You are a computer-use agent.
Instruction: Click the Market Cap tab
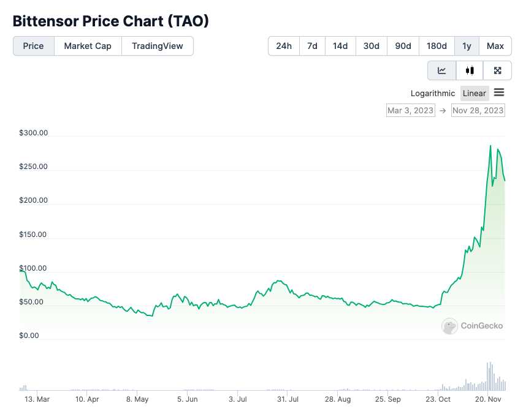coord(88,46)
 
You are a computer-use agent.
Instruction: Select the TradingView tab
coord(158,46)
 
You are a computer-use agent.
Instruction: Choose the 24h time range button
coord(284,46)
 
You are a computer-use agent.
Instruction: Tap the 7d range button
coord(312,46)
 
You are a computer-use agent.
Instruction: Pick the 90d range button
coord(403,46)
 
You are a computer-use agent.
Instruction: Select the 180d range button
coord(436,46)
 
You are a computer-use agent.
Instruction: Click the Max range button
coord(495,46)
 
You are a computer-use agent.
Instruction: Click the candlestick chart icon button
coord(470,70)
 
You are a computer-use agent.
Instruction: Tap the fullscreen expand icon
coord(498,70)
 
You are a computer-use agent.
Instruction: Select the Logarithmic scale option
coord(434,93)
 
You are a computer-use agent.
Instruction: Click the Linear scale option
coord(475,93)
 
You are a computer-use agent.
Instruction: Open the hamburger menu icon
coord(499,92)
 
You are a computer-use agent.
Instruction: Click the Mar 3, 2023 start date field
coord(410,110)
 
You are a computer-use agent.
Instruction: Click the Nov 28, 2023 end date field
coord(478,110)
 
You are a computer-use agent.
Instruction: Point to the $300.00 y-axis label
coord(34,133)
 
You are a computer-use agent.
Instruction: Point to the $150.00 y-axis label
coord(34,234)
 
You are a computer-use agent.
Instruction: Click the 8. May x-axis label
coord(137,399)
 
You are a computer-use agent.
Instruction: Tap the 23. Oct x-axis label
coord(438,399)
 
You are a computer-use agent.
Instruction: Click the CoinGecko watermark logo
coord(473,326)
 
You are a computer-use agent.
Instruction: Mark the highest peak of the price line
coord(490,146)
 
